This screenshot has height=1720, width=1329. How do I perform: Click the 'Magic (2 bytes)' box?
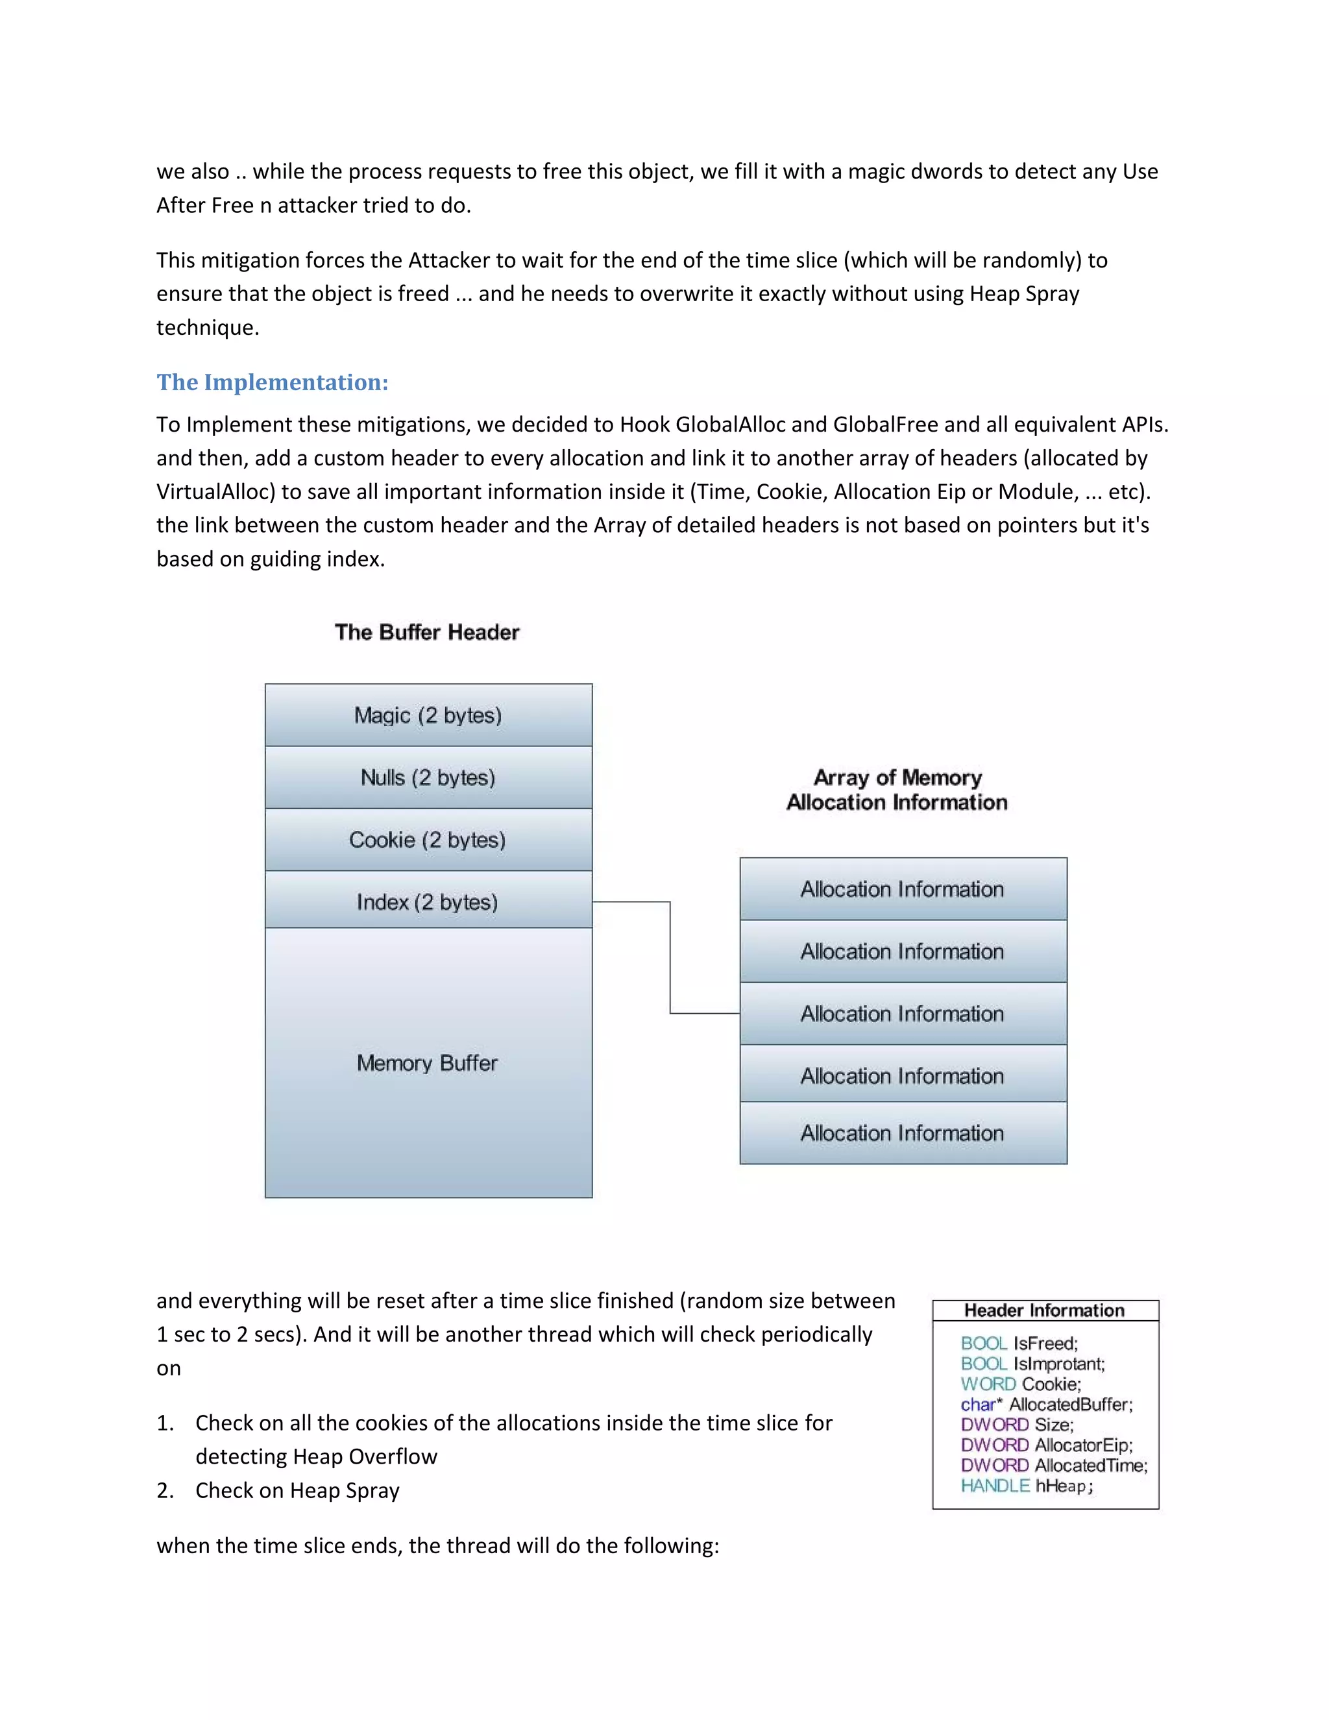(x=428, y=715)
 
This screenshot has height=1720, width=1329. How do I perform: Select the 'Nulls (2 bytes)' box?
(x=428, y=778)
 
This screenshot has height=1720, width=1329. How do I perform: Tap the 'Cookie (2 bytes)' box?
(x=428, y=839)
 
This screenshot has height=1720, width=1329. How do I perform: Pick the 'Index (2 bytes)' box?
(x=428, y=902)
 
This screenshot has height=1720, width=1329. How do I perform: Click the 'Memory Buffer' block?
(x=428, y=1063)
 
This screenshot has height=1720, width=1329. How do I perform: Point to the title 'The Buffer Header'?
(x=427, y=632)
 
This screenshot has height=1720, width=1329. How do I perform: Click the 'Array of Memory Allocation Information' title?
(x=897, y=790)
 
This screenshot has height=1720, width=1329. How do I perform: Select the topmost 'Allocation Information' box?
(x=903, y=889)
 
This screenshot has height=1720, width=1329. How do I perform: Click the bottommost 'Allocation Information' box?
(x=903, y=1133)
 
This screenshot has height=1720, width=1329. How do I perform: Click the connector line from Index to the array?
(x=670, y=957)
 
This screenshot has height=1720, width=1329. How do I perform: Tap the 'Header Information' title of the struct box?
(x=1045, y=1310)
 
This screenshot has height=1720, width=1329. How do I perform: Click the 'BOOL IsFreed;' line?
(x=1019, y=1344)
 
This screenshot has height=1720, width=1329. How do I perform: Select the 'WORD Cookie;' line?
(x=1021, y=1384)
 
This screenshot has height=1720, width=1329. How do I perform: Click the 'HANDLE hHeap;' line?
(x=1027, y=1486)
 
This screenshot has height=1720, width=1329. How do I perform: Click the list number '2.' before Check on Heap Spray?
(x=165, y=1491)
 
